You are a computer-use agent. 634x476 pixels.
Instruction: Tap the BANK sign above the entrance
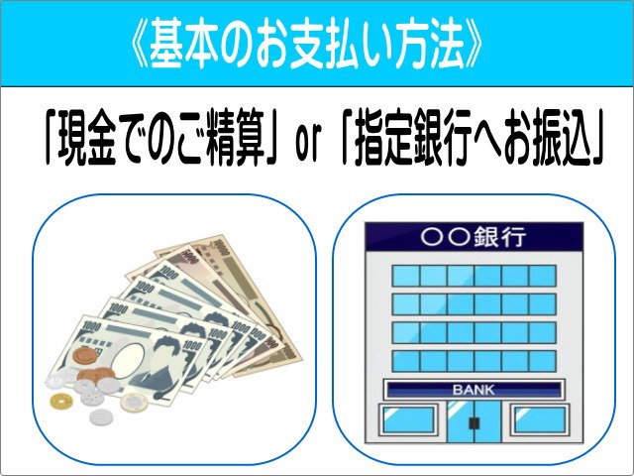(473, 390)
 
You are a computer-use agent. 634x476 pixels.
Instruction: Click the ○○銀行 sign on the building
(473, 238)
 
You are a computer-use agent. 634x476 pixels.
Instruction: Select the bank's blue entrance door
(473, 422)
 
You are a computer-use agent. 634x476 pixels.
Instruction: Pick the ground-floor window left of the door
(409, 418)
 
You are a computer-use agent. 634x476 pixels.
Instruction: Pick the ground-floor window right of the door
(537, 418)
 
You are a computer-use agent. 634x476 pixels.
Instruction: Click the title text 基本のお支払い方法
(310, 44)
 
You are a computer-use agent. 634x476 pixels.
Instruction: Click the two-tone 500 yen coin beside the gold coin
(132, 401)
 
